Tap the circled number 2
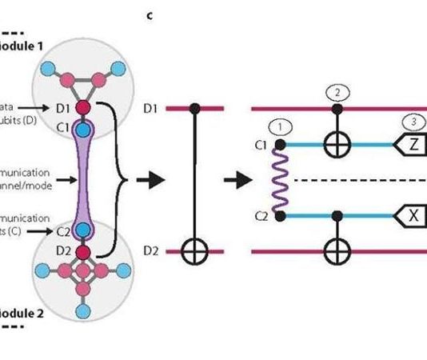[x=337, y=92]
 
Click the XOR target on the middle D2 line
[x=194, y=252]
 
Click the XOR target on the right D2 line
[x=337, y=252]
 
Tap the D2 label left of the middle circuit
[x=152, y=252]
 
